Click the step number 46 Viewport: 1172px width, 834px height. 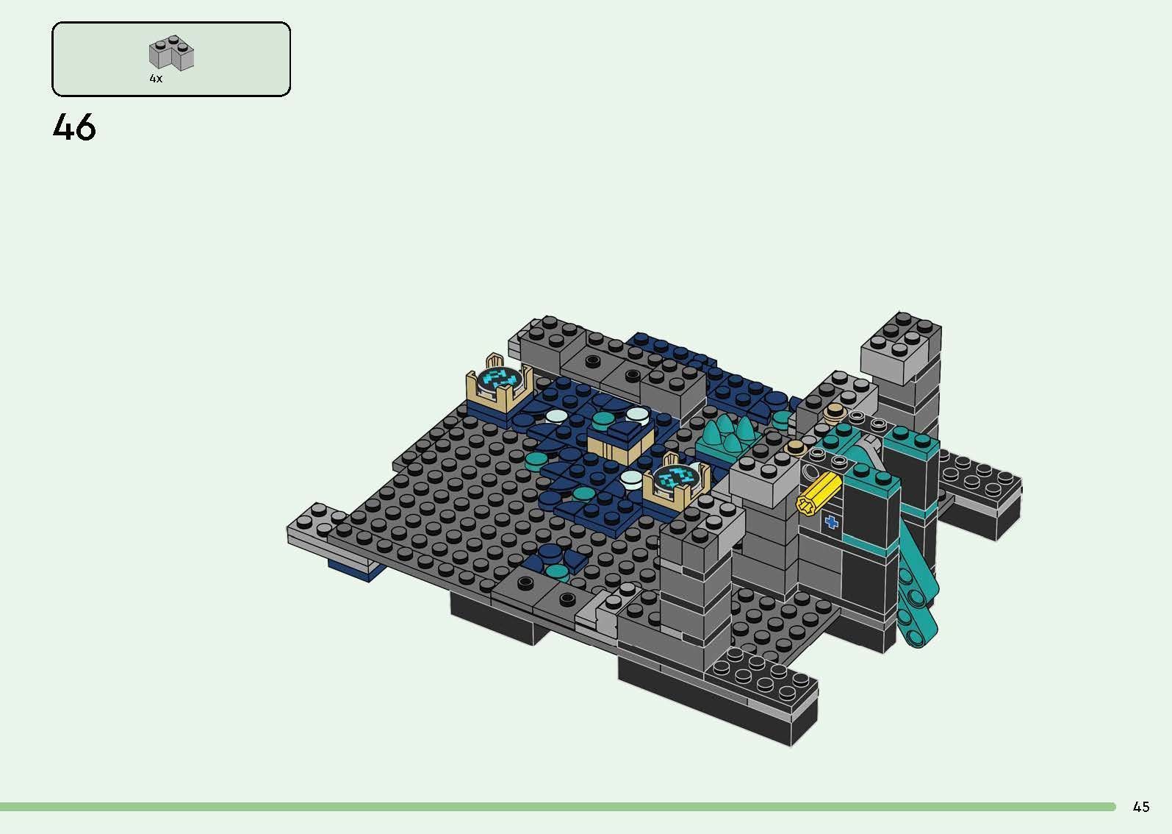point(74,127)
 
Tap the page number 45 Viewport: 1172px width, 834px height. point(1140,807)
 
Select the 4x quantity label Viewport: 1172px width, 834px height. point(156,78)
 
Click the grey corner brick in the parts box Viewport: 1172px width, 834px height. point(172,53)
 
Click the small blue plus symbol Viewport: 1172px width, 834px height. point(831,523)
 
